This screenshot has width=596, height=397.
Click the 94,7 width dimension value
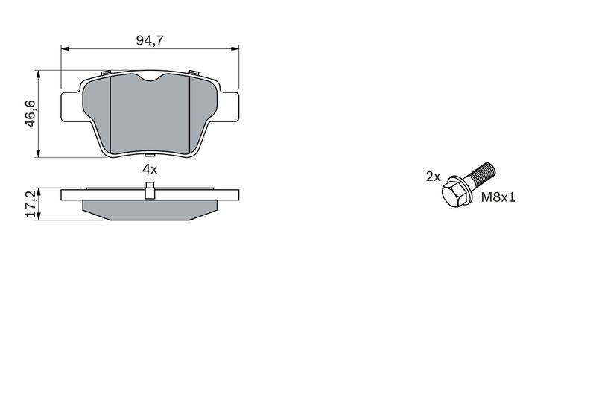tap(150, 40)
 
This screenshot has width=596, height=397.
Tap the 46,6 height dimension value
tap(30, 114)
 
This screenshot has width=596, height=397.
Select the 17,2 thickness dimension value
tap(31, 204)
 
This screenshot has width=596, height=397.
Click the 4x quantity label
tap(150, 169)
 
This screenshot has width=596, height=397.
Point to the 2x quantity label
tap(433, 177)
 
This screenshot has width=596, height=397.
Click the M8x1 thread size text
tap(498, 197)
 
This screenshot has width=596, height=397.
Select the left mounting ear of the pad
tap(71, 107)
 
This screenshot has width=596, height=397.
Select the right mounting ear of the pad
tap(229, 107)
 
